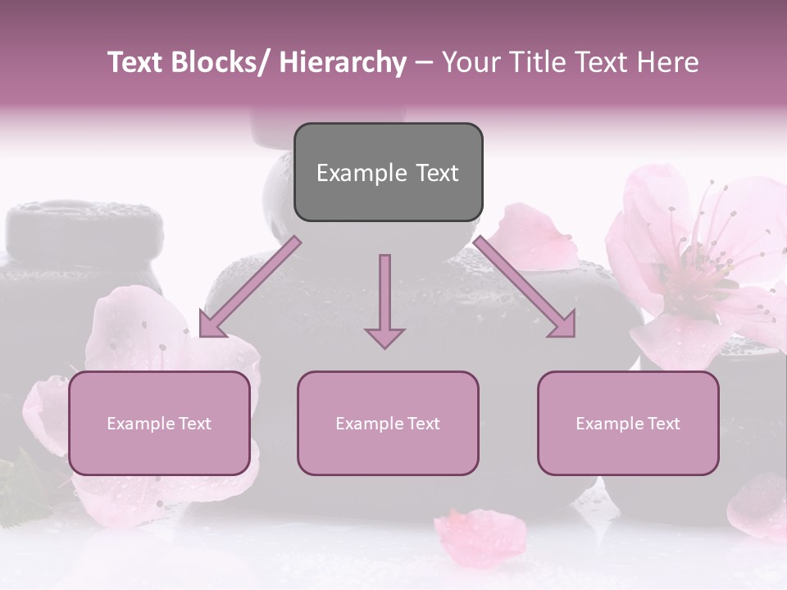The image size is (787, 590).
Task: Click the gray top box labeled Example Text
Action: coord(388,172)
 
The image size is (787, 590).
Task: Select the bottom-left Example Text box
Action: coord(159,423)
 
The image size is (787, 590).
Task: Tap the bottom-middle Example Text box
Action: coord(388,423)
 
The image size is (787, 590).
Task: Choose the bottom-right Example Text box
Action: coord(628,423)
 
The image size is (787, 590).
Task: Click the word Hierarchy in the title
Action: coord(342,62)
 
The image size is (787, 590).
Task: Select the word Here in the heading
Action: coord(668,62)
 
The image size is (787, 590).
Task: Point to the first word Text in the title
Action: coord(136,62)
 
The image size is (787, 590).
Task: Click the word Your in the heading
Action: coord(471,62)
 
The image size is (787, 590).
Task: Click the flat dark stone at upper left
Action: coord(82,225)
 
